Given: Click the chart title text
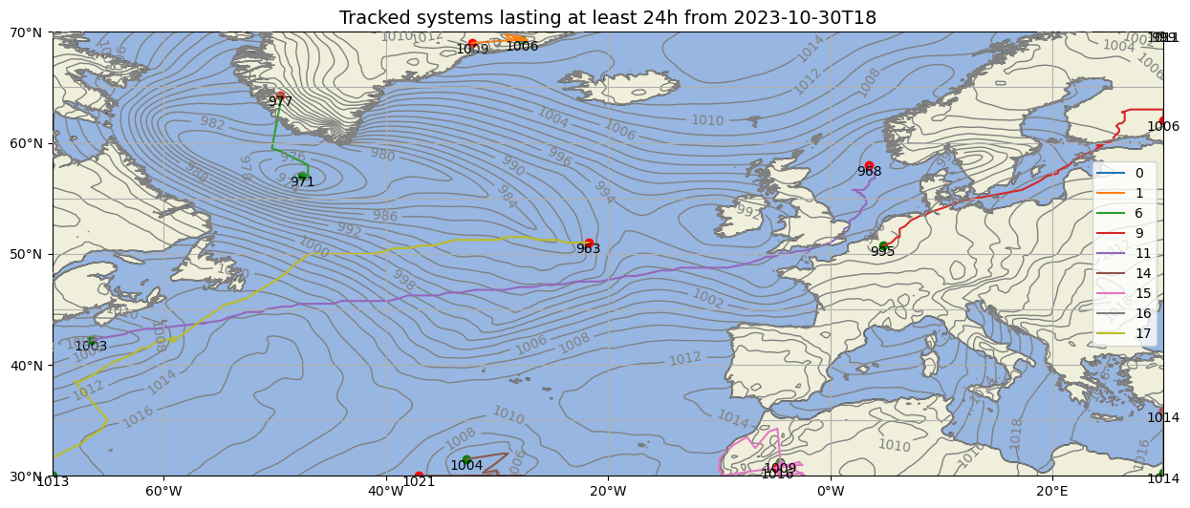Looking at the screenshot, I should coord(607,18).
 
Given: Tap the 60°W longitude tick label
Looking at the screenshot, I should coord(164,492).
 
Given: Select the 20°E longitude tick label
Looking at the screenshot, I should coord(1052,492).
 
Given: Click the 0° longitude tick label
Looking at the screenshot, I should coord(831,492).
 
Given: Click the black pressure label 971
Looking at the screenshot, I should coord(302,182).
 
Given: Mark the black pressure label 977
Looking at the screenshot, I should coord(280,101).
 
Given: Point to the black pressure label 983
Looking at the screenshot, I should coord(588,249).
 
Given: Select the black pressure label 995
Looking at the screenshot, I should coord(882,252).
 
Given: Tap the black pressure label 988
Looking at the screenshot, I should coord(869,172).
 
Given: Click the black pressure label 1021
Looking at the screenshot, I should coord(418,481).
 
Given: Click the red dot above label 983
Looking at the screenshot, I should coord(589,243).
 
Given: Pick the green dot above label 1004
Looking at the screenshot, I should coord(466,459).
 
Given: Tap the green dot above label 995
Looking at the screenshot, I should coord(884,245).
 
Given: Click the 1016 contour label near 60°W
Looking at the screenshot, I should coord(139,417).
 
